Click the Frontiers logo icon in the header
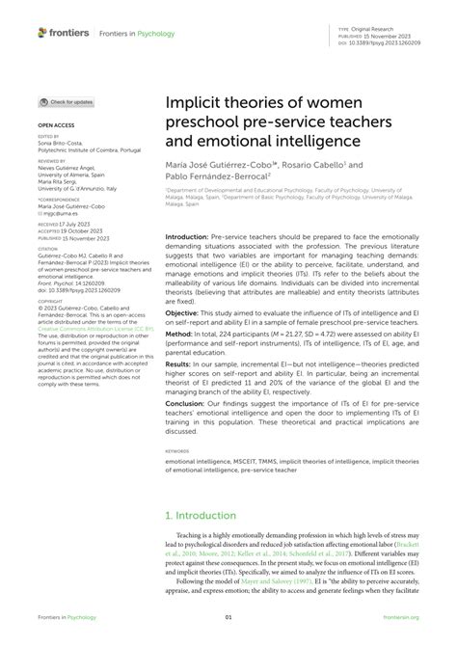tap(43, 33)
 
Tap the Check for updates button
tap(67, 101)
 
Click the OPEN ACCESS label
tap(57, 126)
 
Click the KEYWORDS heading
tap(178, 449)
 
